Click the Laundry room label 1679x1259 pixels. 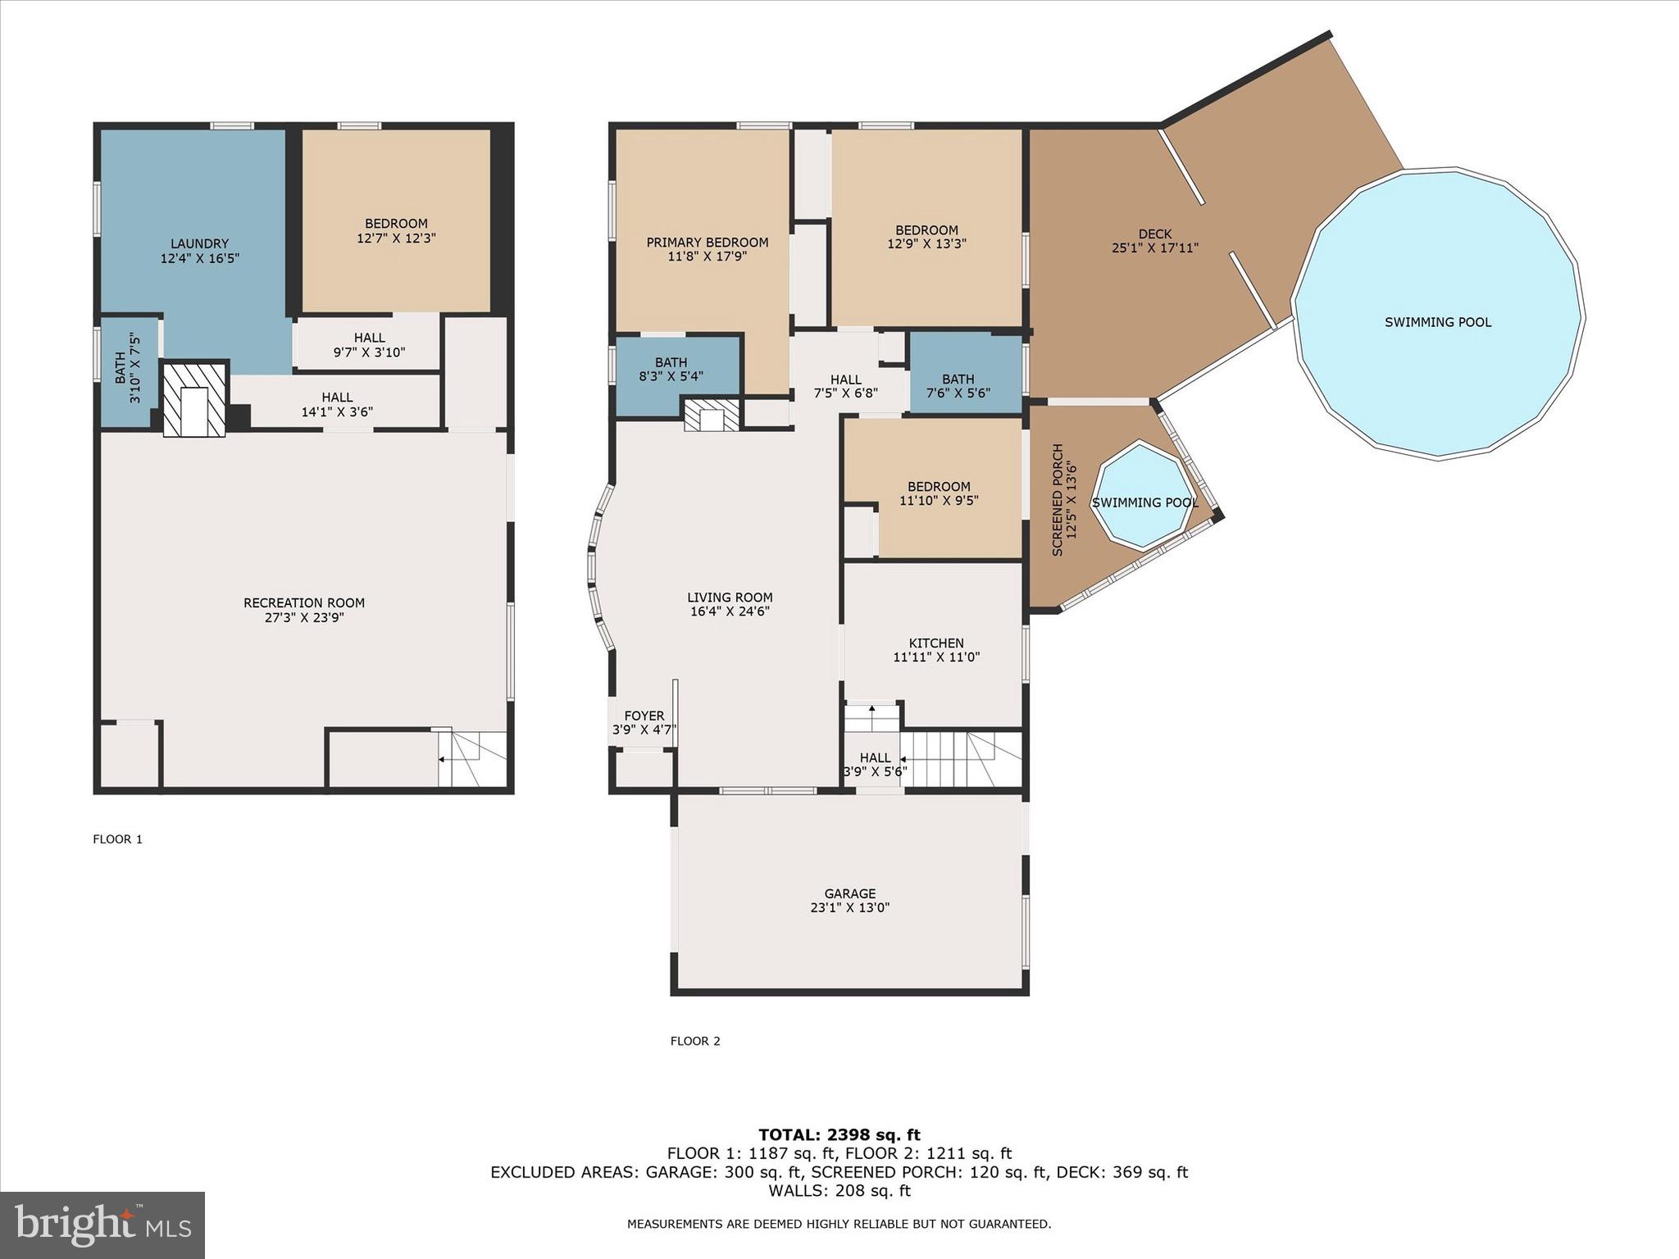click(199, 243)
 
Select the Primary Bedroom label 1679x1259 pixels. click(707, 243)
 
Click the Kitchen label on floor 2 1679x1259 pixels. click(936, 643)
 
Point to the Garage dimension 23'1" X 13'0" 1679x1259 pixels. click(849, 908)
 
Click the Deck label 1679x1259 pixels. click(1154, 234)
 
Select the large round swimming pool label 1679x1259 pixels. click(1437, 322)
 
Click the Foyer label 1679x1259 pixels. click(644, 716)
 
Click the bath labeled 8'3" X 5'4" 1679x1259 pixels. click(671, 370)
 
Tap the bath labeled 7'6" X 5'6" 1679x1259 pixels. click(958, 386)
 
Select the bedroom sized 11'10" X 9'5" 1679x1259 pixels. click(939, 493)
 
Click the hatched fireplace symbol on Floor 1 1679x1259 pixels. click(194, 399)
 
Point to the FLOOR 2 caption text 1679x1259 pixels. click(694, 1041)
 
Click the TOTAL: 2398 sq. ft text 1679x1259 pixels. click(839, 1135)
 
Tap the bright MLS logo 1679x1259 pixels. click(102, 1225)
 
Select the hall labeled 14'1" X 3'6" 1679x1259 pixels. click(337, 405)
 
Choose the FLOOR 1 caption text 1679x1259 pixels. click(117, 839)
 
